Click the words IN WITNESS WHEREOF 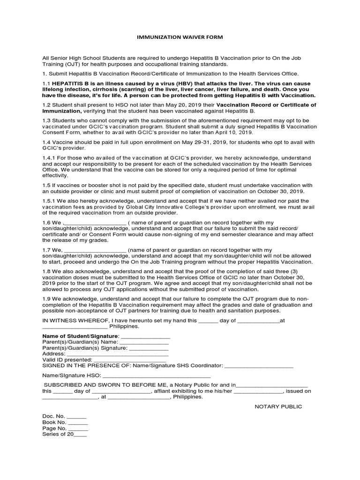(x=77, y=321)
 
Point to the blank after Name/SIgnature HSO (x=157, y=377)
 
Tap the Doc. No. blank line (x=77, y=417)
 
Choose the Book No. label (x=53, y=422)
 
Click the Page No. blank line (x=78, y=428)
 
